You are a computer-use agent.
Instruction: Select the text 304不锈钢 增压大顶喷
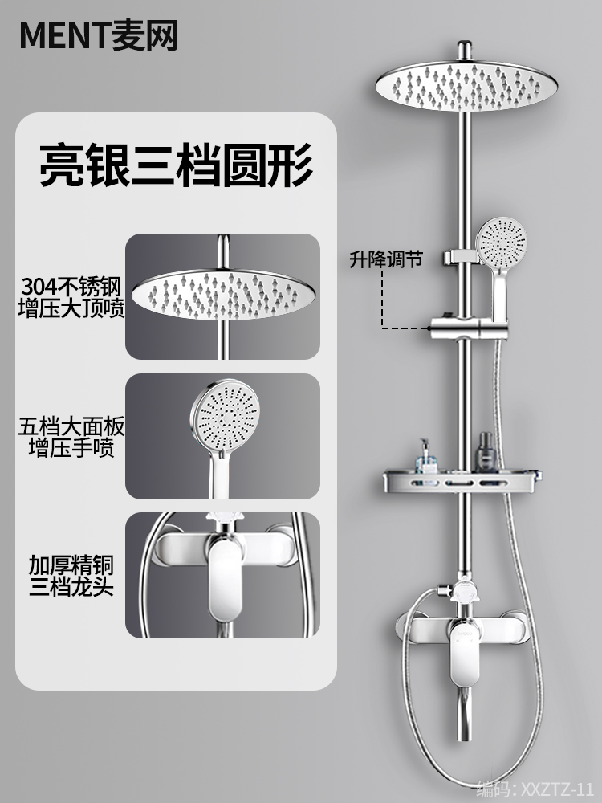tap(71, 297)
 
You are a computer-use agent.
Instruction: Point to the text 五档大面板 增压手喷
tap(71, 436)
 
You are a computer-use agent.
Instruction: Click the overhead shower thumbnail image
tap(222, 296)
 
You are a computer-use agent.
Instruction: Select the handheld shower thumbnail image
tap(222, 436)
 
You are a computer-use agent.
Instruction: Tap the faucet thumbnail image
tap(222, 575)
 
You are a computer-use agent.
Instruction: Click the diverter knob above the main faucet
tap(463, 593)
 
